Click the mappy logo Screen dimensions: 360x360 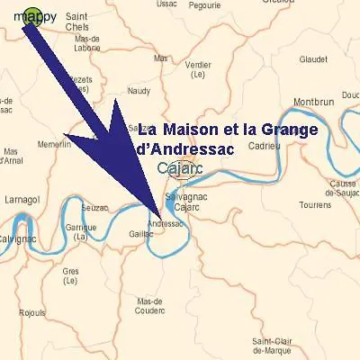pos(34,16)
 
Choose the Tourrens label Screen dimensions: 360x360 pos(315,205)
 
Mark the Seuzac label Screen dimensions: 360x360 pos(94,207)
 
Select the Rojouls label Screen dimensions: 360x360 pos(33,313)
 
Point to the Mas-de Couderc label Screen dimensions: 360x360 pos(149,306)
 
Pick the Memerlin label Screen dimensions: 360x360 pos(55,144)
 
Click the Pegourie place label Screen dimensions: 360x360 pos(205,4)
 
